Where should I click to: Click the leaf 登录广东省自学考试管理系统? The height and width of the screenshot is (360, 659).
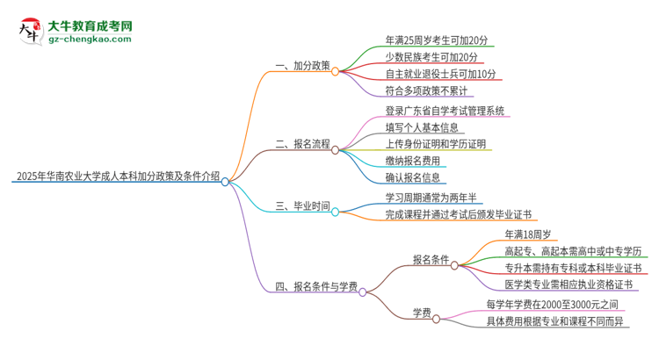point(445,111)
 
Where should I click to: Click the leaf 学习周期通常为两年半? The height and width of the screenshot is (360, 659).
point(431,198)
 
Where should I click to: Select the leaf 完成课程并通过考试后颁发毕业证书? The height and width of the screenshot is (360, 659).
point(458,214)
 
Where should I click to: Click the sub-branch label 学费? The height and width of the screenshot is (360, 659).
point(422,312)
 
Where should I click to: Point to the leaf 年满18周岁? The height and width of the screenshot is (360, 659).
point(527,234)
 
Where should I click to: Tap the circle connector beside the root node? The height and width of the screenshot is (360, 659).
point(226,182)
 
